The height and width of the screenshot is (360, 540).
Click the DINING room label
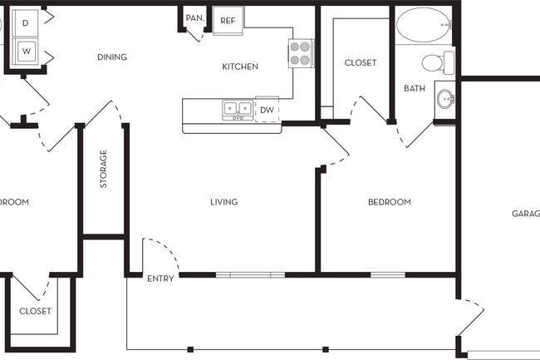click(111, 57)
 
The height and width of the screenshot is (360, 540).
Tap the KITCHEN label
click(240, 67)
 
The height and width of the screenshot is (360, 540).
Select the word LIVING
click(224, 202)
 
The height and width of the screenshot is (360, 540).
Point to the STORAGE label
click(104, 169)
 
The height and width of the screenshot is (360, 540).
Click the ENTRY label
click(160, 279)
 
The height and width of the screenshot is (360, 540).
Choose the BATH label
click(415, 88)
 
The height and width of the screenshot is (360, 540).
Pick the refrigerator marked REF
click(228, 21)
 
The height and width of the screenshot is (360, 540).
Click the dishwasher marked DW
click(267, 110)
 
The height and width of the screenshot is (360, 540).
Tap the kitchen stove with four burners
click(300, 54)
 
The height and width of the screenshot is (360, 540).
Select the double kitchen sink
click(238, 110)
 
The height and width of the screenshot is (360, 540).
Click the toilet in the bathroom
click(436, 62)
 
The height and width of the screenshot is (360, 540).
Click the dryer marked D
click(26, 21)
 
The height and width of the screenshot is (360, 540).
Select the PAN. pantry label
click(195, 17)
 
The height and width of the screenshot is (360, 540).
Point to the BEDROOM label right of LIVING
click(390, 202)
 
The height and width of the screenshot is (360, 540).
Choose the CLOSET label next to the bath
click(360, 62)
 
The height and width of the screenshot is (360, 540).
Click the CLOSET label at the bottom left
click(35, 311)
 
